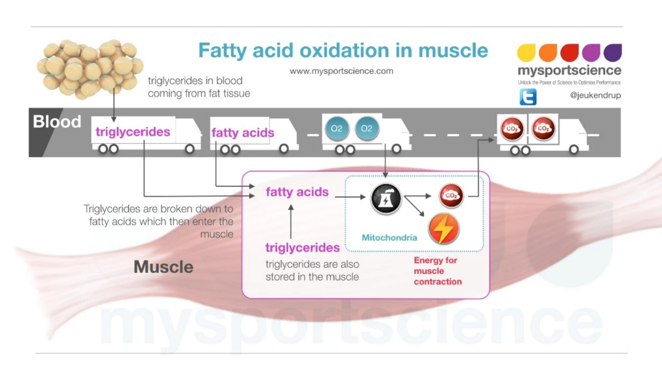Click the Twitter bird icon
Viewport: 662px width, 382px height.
coord(528,97)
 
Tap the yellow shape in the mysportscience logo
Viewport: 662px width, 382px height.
coord(526,53)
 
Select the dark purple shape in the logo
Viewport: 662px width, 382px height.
coord(613,52)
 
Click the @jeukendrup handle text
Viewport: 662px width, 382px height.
coord(595,95)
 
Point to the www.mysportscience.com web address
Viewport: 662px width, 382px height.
coord(341,71)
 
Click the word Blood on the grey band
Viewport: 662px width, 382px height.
coord(57,122)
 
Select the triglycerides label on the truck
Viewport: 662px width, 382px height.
coord(133,132)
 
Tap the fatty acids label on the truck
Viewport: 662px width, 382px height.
coord(242,133)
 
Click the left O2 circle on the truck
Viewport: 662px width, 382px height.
coord(336,128)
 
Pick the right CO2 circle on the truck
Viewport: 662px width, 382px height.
coord(543,128)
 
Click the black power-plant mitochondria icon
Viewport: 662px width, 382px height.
coord(386,199)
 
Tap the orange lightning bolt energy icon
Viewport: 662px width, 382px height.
coord(444,228)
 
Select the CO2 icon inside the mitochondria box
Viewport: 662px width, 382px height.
coord(451,195)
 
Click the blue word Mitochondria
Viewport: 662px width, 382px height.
coord(389,237)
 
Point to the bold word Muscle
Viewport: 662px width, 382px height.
coord(163,267)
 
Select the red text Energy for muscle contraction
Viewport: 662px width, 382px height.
coord(437,271)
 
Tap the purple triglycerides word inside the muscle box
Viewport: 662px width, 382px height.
coord(302,247)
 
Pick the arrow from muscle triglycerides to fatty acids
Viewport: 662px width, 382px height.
coord(291,222)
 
